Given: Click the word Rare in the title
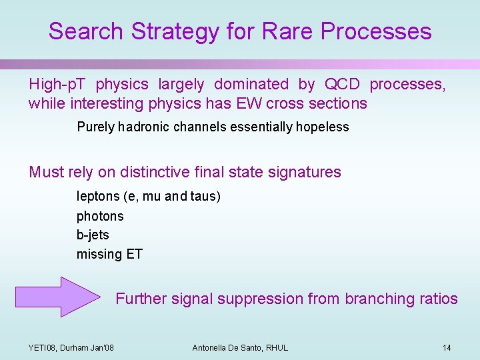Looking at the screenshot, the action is point(287,31).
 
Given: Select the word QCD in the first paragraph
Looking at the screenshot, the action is point(342,84).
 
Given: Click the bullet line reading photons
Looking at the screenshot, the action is point(100,216).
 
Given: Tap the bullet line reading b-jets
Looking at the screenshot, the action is point(93,235).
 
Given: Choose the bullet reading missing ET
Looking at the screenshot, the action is point(109,254).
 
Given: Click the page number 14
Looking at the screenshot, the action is point(447,347).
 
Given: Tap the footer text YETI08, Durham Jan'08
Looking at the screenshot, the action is point(71,347).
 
